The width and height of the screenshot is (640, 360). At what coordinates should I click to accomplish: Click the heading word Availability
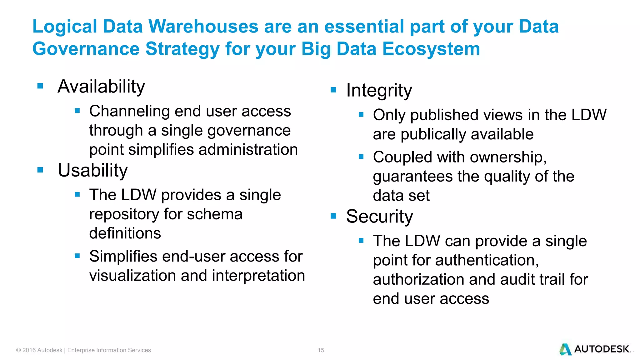coord(101,87)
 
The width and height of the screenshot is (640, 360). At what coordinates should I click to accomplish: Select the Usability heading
coord(93,171)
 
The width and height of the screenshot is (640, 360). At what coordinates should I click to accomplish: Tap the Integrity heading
coord(379,91)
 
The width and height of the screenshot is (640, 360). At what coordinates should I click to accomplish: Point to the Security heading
coord(379,216)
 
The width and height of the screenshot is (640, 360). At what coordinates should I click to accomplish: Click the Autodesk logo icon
coord(565,349)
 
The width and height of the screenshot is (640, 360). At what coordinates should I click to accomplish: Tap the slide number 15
coord(321,350)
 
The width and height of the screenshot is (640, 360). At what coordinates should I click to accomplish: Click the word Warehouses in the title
coord(203,26)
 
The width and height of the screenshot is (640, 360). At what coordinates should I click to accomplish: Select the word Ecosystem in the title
coord(431,49)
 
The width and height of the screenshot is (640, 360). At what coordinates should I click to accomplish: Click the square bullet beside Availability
coord(40,86)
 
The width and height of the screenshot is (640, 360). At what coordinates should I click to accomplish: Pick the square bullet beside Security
coord(333,216)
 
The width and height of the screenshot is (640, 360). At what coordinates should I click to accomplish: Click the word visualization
coord(132,276)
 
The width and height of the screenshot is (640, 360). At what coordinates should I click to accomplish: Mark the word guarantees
coord(412,177)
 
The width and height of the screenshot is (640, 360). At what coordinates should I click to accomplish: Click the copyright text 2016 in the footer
coord(29,350)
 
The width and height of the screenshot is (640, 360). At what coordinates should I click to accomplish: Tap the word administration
coord(248,150)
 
